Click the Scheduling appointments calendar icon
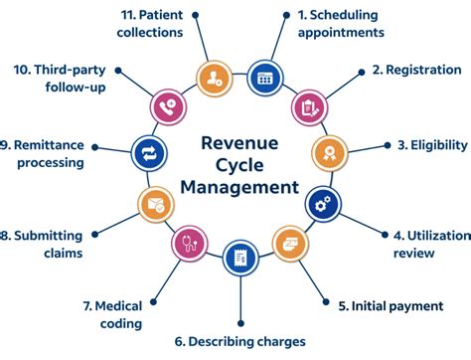pos(264,77)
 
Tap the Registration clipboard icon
pos(308,106)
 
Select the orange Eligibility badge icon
pos(331,153)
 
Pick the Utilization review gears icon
pos(320,202)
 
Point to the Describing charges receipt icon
pos(236,258)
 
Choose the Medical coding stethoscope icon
pos(189,242)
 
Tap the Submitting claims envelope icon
pos(154,205)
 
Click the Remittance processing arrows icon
pos(145,153)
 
